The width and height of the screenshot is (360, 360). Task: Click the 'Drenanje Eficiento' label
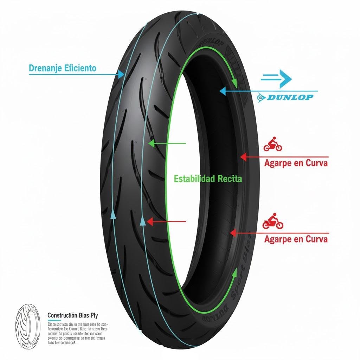[62, 68]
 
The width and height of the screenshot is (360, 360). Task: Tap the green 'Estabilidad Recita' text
[208, 179]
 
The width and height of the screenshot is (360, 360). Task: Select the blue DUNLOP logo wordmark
[290, 97]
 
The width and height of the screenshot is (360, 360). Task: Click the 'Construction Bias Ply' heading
[78, 315]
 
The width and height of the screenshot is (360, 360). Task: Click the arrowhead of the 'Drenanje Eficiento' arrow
[121, 74]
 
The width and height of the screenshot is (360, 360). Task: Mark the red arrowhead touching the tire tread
[149, 221]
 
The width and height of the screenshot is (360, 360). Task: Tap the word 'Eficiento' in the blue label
[81, 68]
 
